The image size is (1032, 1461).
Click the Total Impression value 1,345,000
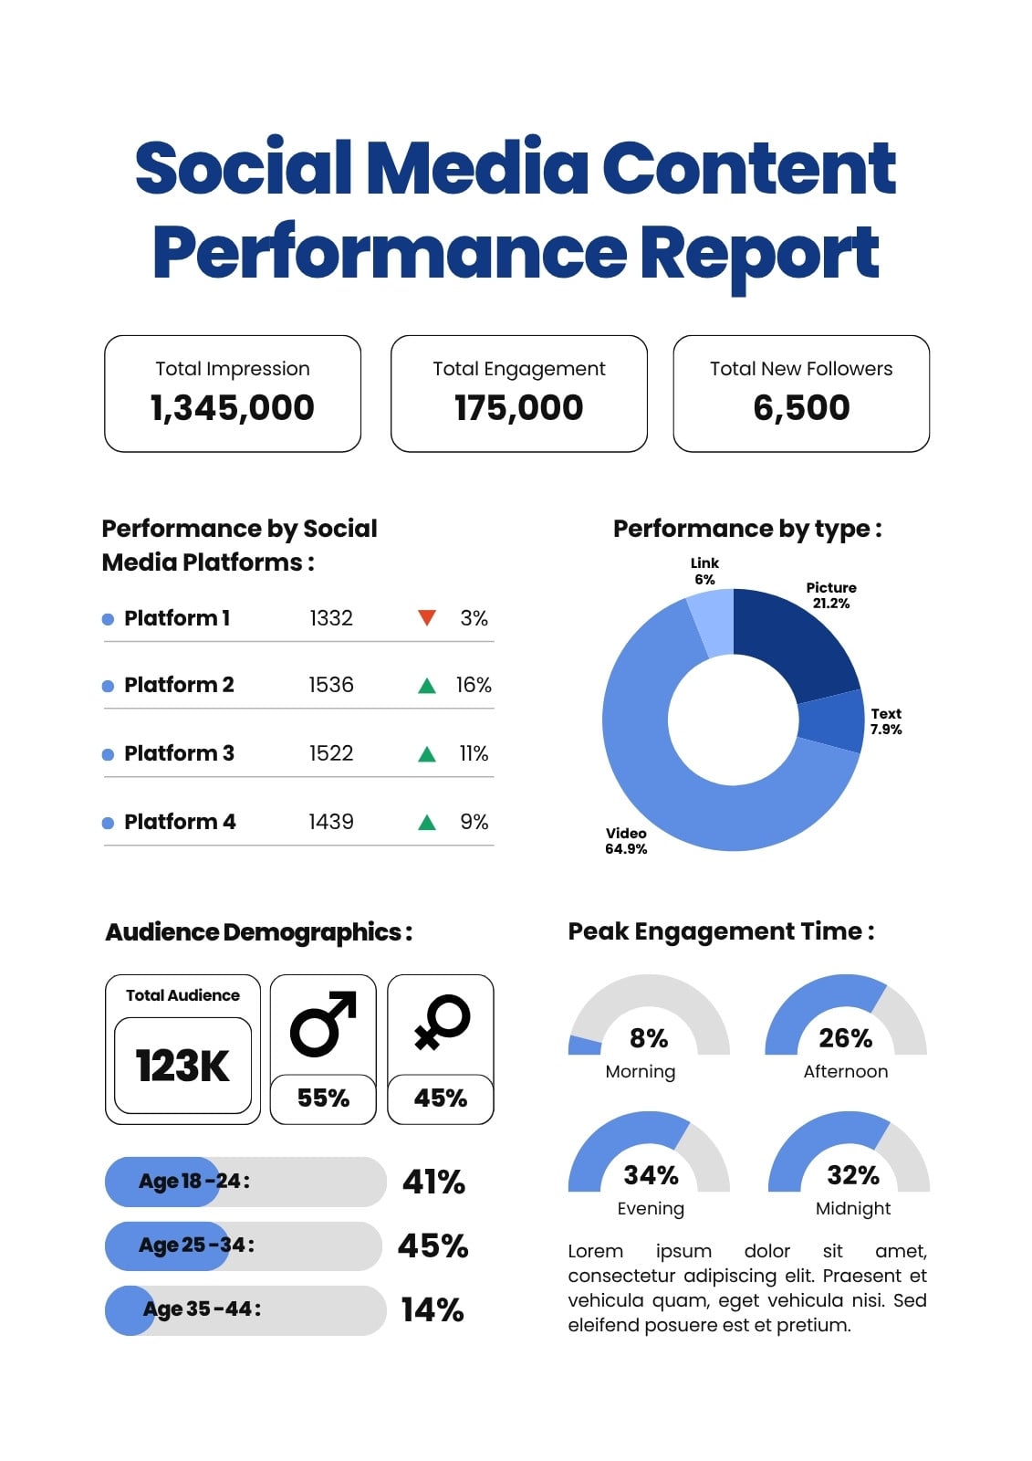[x=232, y=407]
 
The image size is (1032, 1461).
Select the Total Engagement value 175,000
[x=519, y=407]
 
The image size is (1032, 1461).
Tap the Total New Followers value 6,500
[x=801, y=407]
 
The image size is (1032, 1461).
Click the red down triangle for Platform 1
[x=427, y=617]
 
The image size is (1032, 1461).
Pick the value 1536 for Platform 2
[x=331, y=685]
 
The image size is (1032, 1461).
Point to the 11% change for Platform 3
[x=474, y=753]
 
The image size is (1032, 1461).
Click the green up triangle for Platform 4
[x=427, y=822]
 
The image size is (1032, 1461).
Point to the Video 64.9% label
[x=626, y=841]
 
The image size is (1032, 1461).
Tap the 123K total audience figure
[x=182, y=1066]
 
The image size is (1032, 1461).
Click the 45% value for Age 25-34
[x=433, y=1246]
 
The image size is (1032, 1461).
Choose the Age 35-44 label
[x=202, y=1309]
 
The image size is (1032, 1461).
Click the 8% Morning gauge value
[x=649, y=1038]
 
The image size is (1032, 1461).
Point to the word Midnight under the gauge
[x=853, y=1209]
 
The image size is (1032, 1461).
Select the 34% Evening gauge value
[x=651, y=1175]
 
